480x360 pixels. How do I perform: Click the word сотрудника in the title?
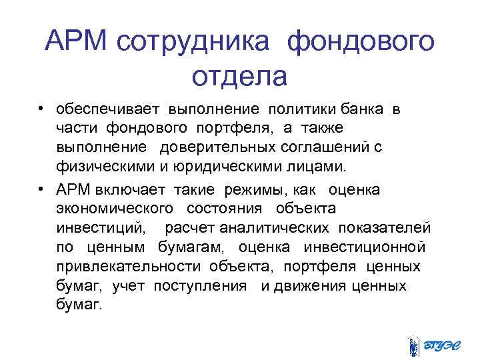193,43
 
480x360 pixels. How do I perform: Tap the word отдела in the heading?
239,76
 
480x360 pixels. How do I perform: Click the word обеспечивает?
109,109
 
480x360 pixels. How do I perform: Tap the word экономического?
116,209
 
